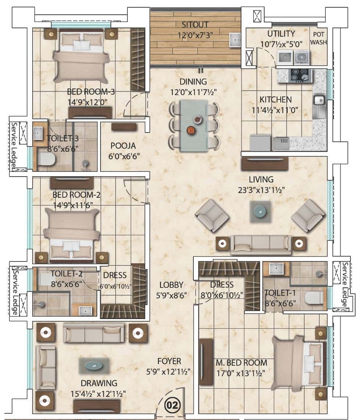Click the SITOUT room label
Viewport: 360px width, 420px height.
pyautogui.click(x=195, y=25)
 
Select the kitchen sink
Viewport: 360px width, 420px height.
pyautogui.click(x=319, y=101)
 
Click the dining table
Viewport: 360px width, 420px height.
pyautogui.click(x=194, y=126)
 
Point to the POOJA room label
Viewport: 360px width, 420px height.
pyautogui.click(x=123, y=146)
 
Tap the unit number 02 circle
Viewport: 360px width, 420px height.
pyautogui.click(x=172, y=405)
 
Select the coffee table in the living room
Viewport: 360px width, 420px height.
pyautogui.click(x=260, y=211)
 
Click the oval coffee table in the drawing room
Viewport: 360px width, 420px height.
pyautogui.click(x=94, y=366)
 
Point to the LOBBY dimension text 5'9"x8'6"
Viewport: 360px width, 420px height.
pyautogui.click(x=171, y=295)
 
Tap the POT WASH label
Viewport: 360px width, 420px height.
pyautogui.click(x=319, y=38)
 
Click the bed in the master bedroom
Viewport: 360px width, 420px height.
pyautogui.click(x=299, y=363)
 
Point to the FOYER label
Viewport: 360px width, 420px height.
pyautogui.click(x=169, y=361)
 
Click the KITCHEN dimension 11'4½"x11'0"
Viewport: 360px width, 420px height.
pyautogui.click(x=275, y=110)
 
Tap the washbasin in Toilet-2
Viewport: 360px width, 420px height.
pyautogui.click(x=86, y=311)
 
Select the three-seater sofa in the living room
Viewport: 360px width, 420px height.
pyautogui.click(x=261, y=245)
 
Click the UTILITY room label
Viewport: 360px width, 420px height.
pyautogui.click(x=281, y=34)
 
